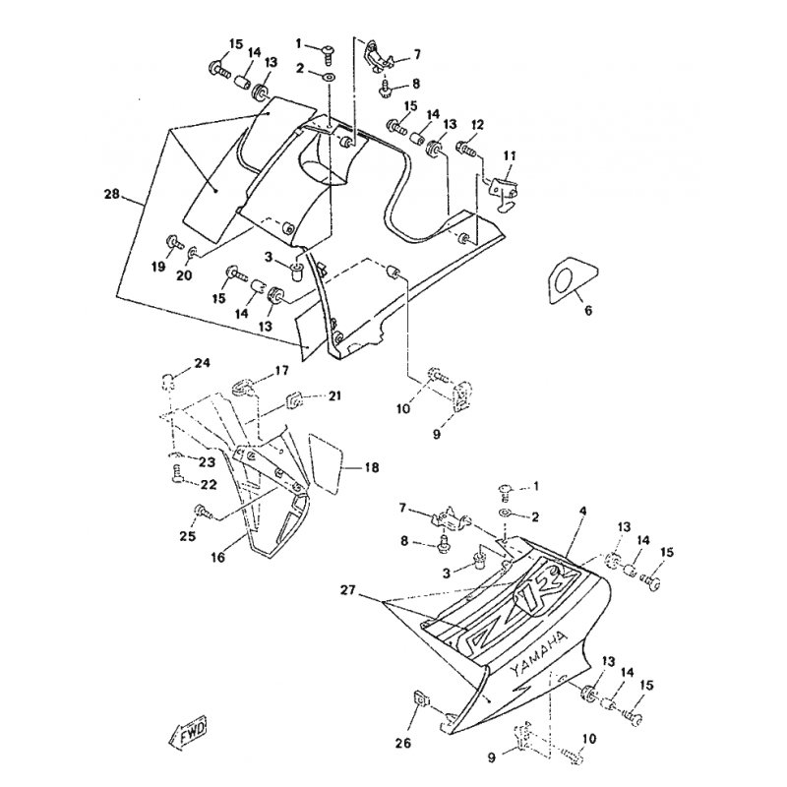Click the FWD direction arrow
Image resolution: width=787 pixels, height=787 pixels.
tap(187, 734)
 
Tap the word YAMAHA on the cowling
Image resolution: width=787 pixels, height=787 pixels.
tap(539, 653)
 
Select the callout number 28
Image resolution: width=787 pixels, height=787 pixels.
tap(111, 193)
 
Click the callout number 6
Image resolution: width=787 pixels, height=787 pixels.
tap(588, 311)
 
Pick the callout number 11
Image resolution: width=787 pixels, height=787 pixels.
tap(510, 156)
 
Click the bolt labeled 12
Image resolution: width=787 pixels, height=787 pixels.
tap(464, 148)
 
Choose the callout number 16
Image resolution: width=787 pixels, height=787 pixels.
tap(218, 557)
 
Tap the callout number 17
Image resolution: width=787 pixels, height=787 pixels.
tap(282, 371)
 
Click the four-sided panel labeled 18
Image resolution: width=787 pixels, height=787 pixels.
tap(326, 463)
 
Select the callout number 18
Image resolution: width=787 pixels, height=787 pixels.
tap(372, 467)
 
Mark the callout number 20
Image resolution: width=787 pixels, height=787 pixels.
tap(184, 275)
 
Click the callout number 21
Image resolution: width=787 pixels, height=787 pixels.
tap(334, 395)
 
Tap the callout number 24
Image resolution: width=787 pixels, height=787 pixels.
tap(203, 362)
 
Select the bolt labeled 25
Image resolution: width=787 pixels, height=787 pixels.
tap(204, 512)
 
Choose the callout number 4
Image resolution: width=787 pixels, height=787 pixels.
tap(582, 511)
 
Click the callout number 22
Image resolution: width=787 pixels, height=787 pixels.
tap(210, 484)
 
